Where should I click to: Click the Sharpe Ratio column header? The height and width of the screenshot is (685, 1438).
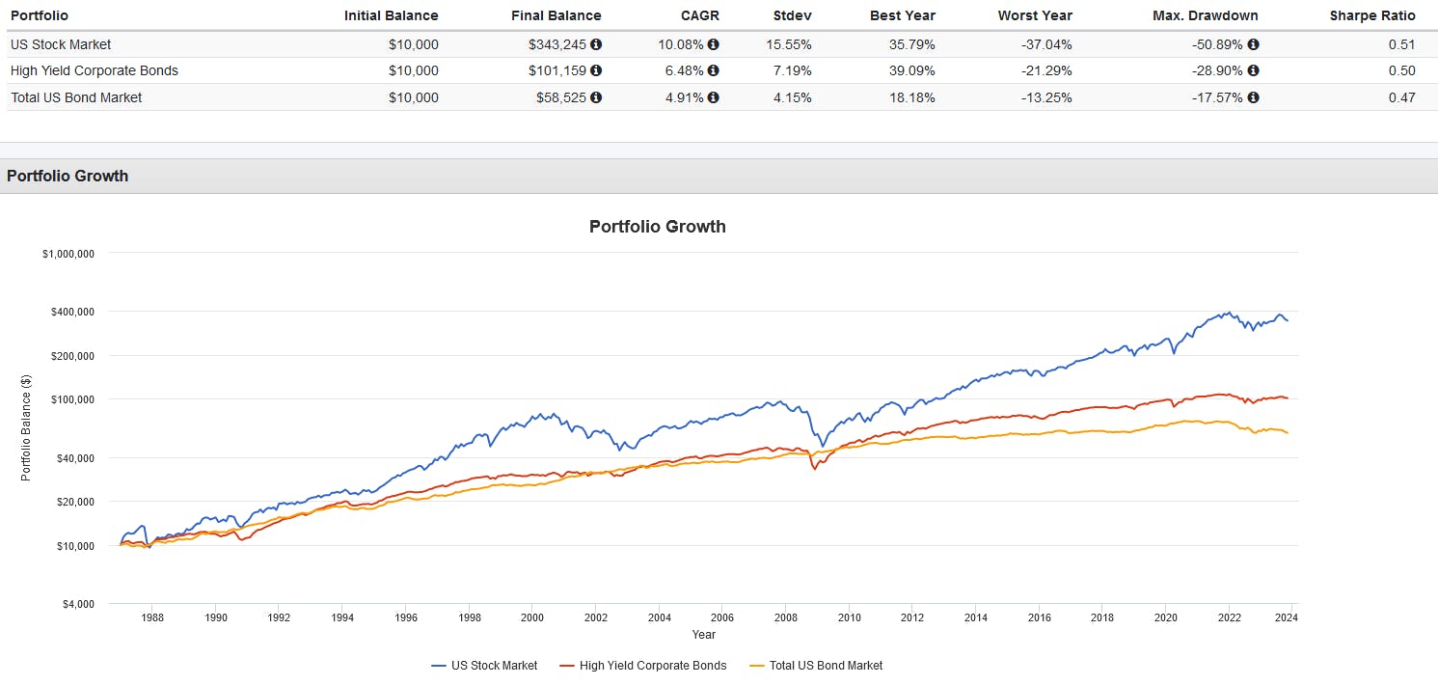point(1372,15)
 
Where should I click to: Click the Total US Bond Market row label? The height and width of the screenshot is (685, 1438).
point(76,97)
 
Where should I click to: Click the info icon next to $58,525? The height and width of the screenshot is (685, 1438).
point(596,97)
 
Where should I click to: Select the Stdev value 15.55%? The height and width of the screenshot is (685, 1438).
point(791,44)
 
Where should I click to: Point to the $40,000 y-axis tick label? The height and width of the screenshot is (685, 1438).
point(73,458)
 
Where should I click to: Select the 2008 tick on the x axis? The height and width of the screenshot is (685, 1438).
point(786,617)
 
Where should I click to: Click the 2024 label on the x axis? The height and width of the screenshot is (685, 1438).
point(1291,617)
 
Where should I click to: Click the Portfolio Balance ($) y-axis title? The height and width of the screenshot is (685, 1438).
point(26,428)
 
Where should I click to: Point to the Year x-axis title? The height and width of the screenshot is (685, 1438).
point(703,634)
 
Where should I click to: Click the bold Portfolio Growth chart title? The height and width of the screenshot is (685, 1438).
point(657,227)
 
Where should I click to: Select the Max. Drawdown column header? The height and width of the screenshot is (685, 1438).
point(1205,15)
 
